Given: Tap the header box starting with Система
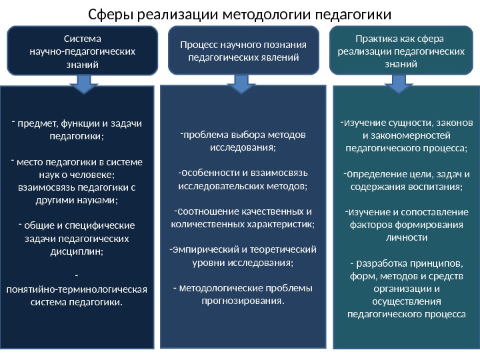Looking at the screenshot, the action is pyautogui.click(x=83, y=50).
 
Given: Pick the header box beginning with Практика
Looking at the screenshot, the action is pyautogui.click(x=401, y=50).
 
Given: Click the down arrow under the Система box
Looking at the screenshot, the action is pyautogui.click(x=83, y=83).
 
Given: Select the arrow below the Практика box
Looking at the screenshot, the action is pyautogui.click(x=400, y=83).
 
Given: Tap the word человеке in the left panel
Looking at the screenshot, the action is pyautogui.click(x=95, y=175).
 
